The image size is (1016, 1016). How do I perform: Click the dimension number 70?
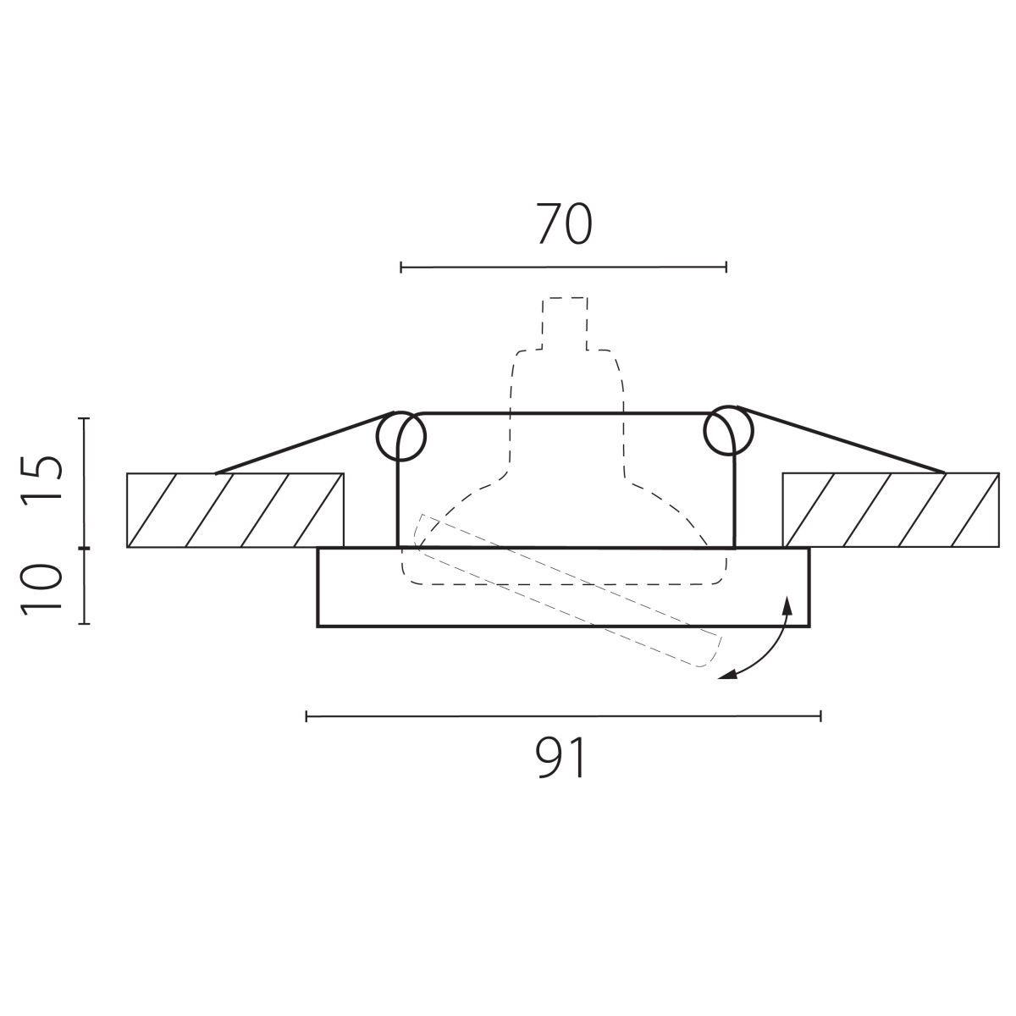564,224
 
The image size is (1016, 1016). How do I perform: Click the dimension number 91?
560,757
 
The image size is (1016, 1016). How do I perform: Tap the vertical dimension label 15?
41,480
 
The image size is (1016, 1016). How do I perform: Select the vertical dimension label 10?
41,589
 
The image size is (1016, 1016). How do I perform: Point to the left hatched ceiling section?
235,511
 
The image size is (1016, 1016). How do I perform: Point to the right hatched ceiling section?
891,510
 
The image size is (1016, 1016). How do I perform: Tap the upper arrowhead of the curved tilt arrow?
787,605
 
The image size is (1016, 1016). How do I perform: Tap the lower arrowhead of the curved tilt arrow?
727,676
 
